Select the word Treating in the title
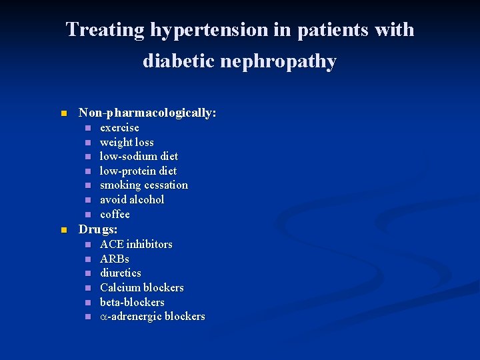point(105,31)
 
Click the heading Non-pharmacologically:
point(147,113)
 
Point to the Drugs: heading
point(98,229)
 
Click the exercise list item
point(119,127)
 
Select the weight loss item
point(127,142)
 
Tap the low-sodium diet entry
point(139,156)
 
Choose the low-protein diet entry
point(138,171)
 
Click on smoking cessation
point(143,185)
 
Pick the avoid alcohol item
point(132,199)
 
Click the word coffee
point(115,214)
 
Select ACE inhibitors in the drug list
point(136,244)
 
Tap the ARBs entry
point(115,259)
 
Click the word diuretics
point(121,273)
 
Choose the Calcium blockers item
point(141,287)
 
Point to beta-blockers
point(132,302)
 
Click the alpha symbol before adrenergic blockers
point(104,317)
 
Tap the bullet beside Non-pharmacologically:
point(64,114)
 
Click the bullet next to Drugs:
point(64,230)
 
